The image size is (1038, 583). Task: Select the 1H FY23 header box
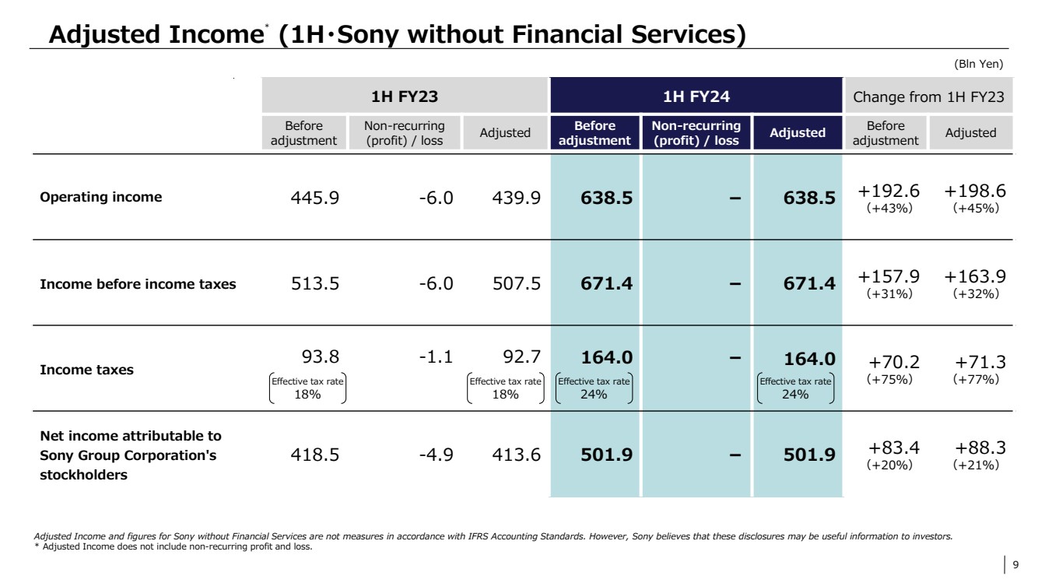tap(405, 97)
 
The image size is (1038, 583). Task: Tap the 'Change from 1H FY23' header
tap(929, 97)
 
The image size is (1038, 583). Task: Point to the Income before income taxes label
tap(138, 284)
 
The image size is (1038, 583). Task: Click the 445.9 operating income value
tap(315, 198)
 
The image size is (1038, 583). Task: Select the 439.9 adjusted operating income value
tap(516, 198)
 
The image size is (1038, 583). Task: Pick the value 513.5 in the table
tap(315, 284)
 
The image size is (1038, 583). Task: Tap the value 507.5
tap(516, 284)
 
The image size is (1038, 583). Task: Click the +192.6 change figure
tap(889, 191)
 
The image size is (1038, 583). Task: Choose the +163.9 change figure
tap(975, 276)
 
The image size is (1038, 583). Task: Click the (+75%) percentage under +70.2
tap(889, 379)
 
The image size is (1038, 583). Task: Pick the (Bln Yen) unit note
tap(978, 64)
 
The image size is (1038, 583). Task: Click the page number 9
tap(1015, 565)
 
